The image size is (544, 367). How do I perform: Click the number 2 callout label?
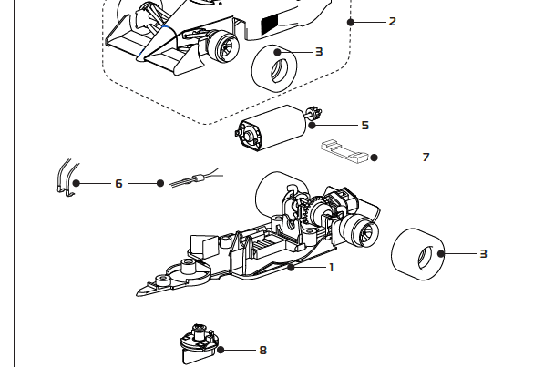tap(392, 21)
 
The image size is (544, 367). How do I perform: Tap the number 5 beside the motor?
tap(364, 125)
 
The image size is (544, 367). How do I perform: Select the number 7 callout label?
tap(426, 158)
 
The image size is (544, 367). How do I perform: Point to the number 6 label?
tap(118, 183)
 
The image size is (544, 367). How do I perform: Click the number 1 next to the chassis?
tap(331, 267)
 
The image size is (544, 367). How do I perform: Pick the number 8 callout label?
tap(262, 350)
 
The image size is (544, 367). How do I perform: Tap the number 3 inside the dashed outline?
tap(319, 52)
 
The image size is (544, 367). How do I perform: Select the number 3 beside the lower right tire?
tap(483, 253)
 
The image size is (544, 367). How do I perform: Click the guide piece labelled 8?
tap(198, 343)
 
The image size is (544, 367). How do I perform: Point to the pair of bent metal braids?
tap(64, 178)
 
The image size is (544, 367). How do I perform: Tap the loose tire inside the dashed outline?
tap(271, 66)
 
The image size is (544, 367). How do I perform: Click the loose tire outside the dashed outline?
tap(416, 253)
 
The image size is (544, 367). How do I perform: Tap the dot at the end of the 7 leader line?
tap(374, 158)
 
